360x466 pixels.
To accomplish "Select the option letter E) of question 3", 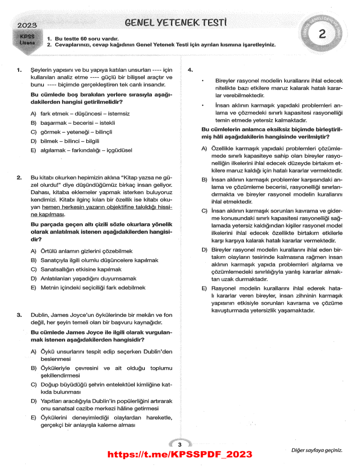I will pos(33,417).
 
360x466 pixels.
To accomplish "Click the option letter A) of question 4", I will pos(204,149).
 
